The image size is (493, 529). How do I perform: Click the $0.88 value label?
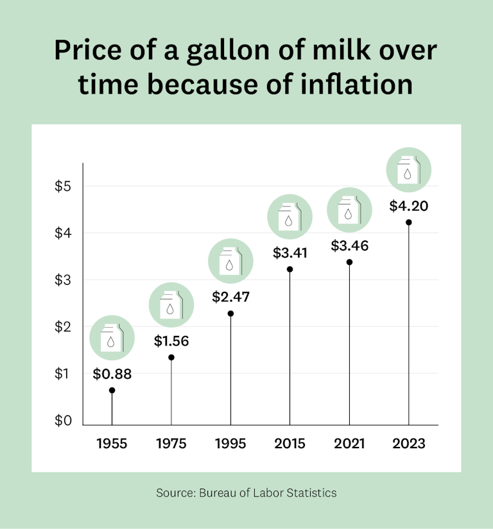coord(112,374)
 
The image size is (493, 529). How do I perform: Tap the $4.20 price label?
coord(408,206)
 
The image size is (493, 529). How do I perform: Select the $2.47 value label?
coord(230,297)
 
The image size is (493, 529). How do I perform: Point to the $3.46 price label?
coord(349,246)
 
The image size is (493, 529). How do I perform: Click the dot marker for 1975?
coord(171,357)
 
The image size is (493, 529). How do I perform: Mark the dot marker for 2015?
coord(290,269)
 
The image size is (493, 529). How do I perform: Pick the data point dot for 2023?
coord(408,223)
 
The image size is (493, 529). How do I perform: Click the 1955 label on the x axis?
coord(112,444)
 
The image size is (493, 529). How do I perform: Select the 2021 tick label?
coord(349,444)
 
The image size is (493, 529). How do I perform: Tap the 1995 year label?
coord(230,444)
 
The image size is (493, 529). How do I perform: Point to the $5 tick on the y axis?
coord(62,187)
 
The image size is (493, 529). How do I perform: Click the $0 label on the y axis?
coord(62,421)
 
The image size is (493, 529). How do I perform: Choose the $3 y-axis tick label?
coord(62,280)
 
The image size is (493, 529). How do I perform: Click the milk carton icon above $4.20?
coord(408,170)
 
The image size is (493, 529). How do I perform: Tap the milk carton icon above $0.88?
coord(112,338)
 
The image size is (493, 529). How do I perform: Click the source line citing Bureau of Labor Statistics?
coord(246,493)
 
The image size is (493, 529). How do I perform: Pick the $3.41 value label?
coord(290,253)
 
